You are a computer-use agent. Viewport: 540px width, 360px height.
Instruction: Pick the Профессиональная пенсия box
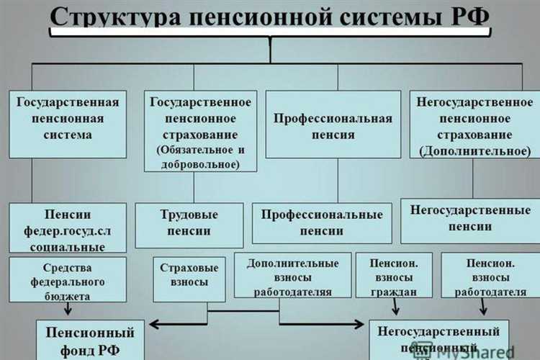tap(333, 125)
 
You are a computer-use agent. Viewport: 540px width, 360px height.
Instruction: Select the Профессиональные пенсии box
tap(322, 222)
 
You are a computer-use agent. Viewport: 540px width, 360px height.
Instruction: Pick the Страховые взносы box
tap(190, 274)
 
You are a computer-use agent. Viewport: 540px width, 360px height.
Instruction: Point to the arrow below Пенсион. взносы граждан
tap(395, 308)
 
